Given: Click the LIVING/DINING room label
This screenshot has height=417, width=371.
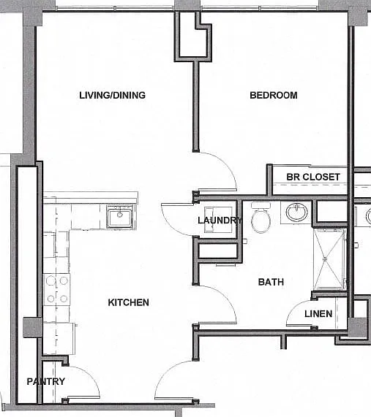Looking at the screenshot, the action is click(112, 95).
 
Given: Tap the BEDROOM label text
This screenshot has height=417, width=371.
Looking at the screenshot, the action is click(274, 95).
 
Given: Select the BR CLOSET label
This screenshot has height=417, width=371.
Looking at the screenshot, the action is click(313, 177).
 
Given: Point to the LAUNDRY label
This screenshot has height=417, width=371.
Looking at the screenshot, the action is click(220, 220).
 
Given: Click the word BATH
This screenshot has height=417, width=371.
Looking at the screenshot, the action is click(271, 282).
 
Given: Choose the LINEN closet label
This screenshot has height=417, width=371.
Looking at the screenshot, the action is click(318, 314).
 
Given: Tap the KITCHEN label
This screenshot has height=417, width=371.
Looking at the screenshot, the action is click(129, 302).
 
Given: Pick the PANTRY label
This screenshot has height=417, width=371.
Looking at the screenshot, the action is click(46, 382).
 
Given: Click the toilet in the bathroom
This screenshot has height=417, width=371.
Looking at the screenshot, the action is click(261, 218).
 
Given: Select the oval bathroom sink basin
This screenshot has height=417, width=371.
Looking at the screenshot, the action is click(296, 212).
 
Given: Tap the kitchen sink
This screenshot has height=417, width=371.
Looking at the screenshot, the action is click(120, 216).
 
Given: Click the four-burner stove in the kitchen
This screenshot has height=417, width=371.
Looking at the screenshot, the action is click(57, 290).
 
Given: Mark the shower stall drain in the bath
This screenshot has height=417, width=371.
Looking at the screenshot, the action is click(325, 259).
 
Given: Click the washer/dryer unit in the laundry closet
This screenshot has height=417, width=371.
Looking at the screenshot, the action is click(218, 220).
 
